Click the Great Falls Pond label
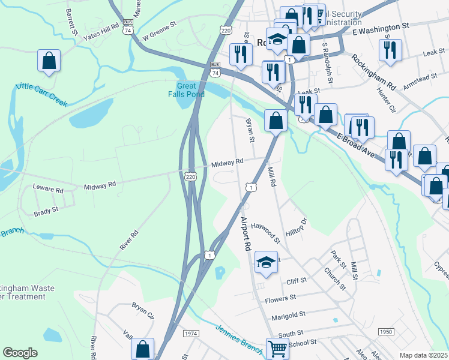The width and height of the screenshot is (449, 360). (x=187, y=89)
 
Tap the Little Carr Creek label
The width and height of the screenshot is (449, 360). (x=41, y=93)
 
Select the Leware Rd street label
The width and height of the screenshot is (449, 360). (x=48, y=190)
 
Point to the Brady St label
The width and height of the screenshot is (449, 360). (x=46, y=211)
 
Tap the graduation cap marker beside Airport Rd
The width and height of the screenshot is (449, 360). (x=266, y=262)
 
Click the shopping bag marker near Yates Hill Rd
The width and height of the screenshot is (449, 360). (x=49, y=61)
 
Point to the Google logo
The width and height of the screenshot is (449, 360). (x=20, y=353)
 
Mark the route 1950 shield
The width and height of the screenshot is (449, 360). (x=385, y=332)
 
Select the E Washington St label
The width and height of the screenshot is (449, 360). (x=381, y=27)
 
